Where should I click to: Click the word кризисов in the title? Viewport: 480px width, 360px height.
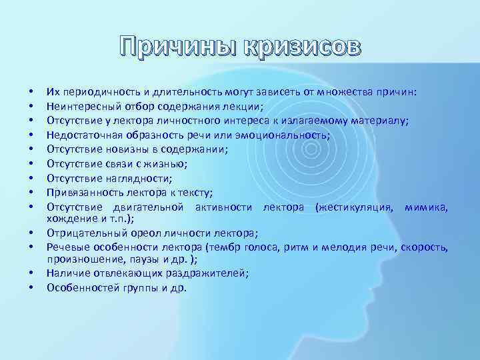(303, 47)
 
